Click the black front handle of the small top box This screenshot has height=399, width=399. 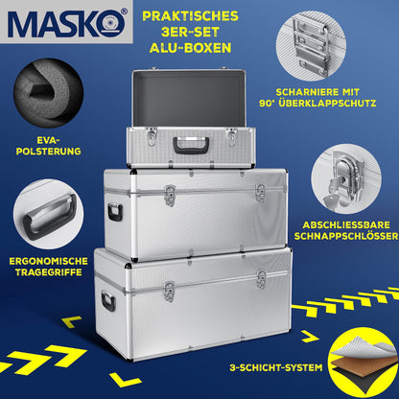[191, 146]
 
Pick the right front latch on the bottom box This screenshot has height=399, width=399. [260, 280]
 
